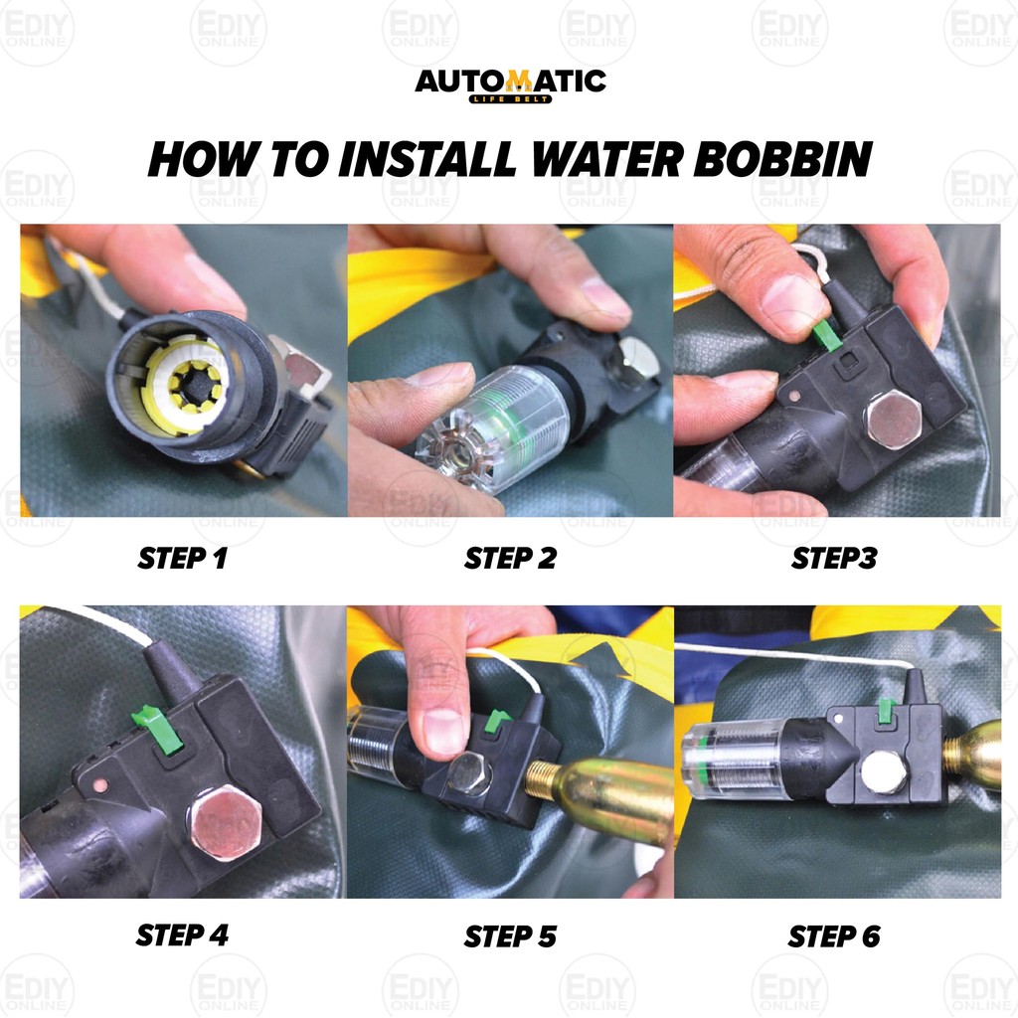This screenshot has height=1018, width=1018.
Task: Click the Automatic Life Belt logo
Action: (510, 84)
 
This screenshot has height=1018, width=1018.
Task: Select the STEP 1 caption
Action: (182, 559)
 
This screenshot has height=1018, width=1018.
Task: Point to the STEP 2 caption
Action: (510, 559)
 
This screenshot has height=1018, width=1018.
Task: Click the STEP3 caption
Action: (834, 559)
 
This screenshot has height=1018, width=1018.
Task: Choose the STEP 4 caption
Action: (182, 935)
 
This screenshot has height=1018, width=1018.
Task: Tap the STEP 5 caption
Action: (510, 935)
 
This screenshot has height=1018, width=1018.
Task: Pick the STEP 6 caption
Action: (834, 935)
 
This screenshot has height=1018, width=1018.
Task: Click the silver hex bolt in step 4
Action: (225, 820)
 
